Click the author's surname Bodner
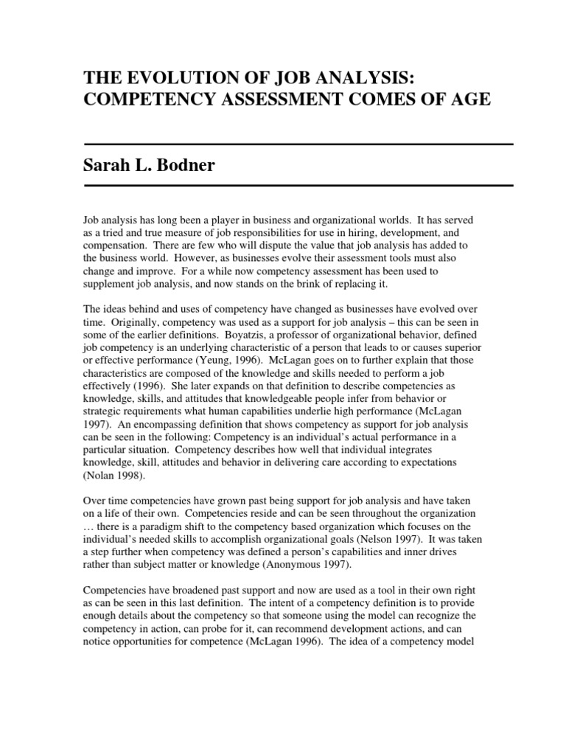(x=185, y=165)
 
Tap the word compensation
(x=115, y=245)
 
